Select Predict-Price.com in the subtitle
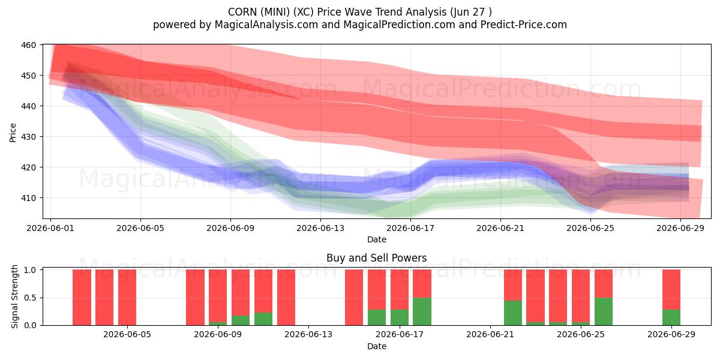coord(524,25)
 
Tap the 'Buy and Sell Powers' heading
coord(376,258)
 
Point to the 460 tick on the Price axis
coord(28,45)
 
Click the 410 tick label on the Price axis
coord(28,198)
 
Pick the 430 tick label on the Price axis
coord(28,137)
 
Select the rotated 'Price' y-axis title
coord(13,133)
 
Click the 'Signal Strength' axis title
coord(14,296)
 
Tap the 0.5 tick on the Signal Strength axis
coord(30,298)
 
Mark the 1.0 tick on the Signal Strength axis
coord(30,270)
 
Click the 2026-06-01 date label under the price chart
coord(50,228)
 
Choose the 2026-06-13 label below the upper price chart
coord(320,228)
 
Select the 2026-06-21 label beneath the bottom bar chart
coord(490,335)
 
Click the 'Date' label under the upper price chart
coord(377,239)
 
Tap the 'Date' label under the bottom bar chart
coord(377,346)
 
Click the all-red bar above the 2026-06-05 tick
coord(127,298)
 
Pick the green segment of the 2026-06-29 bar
coord(671,317)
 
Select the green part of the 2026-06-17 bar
coord(399,317)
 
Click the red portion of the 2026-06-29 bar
coord(671,289)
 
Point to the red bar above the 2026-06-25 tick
coord(581,296)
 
